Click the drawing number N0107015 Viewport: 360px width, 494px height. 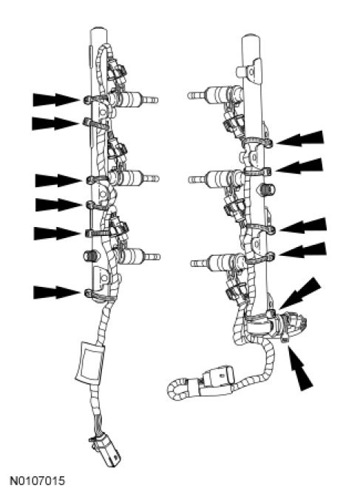pos(38,481)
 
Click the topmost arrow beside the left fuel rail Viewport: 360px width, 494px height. pos(56,100)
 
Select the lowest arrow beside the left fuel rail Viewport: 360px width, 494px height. pos(57,292)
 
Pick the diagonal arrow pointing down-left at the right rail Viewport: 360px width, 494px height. pos(300,293)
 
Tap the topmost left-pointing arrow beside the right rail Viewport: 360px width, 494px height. pos(300,138)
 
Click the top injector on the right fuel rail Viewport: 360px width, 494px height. pos(215,94)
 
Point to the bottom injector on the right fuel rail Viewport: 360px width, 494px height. pos(218,262)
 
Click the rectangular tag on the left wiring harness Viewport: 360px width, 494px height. pos(89,361)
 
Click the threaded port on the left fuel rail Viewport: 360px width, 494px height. pos(89,255)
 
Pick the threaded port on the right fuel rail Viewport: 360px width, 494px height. pos(267,189)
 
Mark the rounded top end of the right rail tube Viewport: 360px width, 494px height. pos(251,38)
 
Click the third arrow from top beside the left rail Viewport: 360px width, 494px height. pos(58,180)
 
